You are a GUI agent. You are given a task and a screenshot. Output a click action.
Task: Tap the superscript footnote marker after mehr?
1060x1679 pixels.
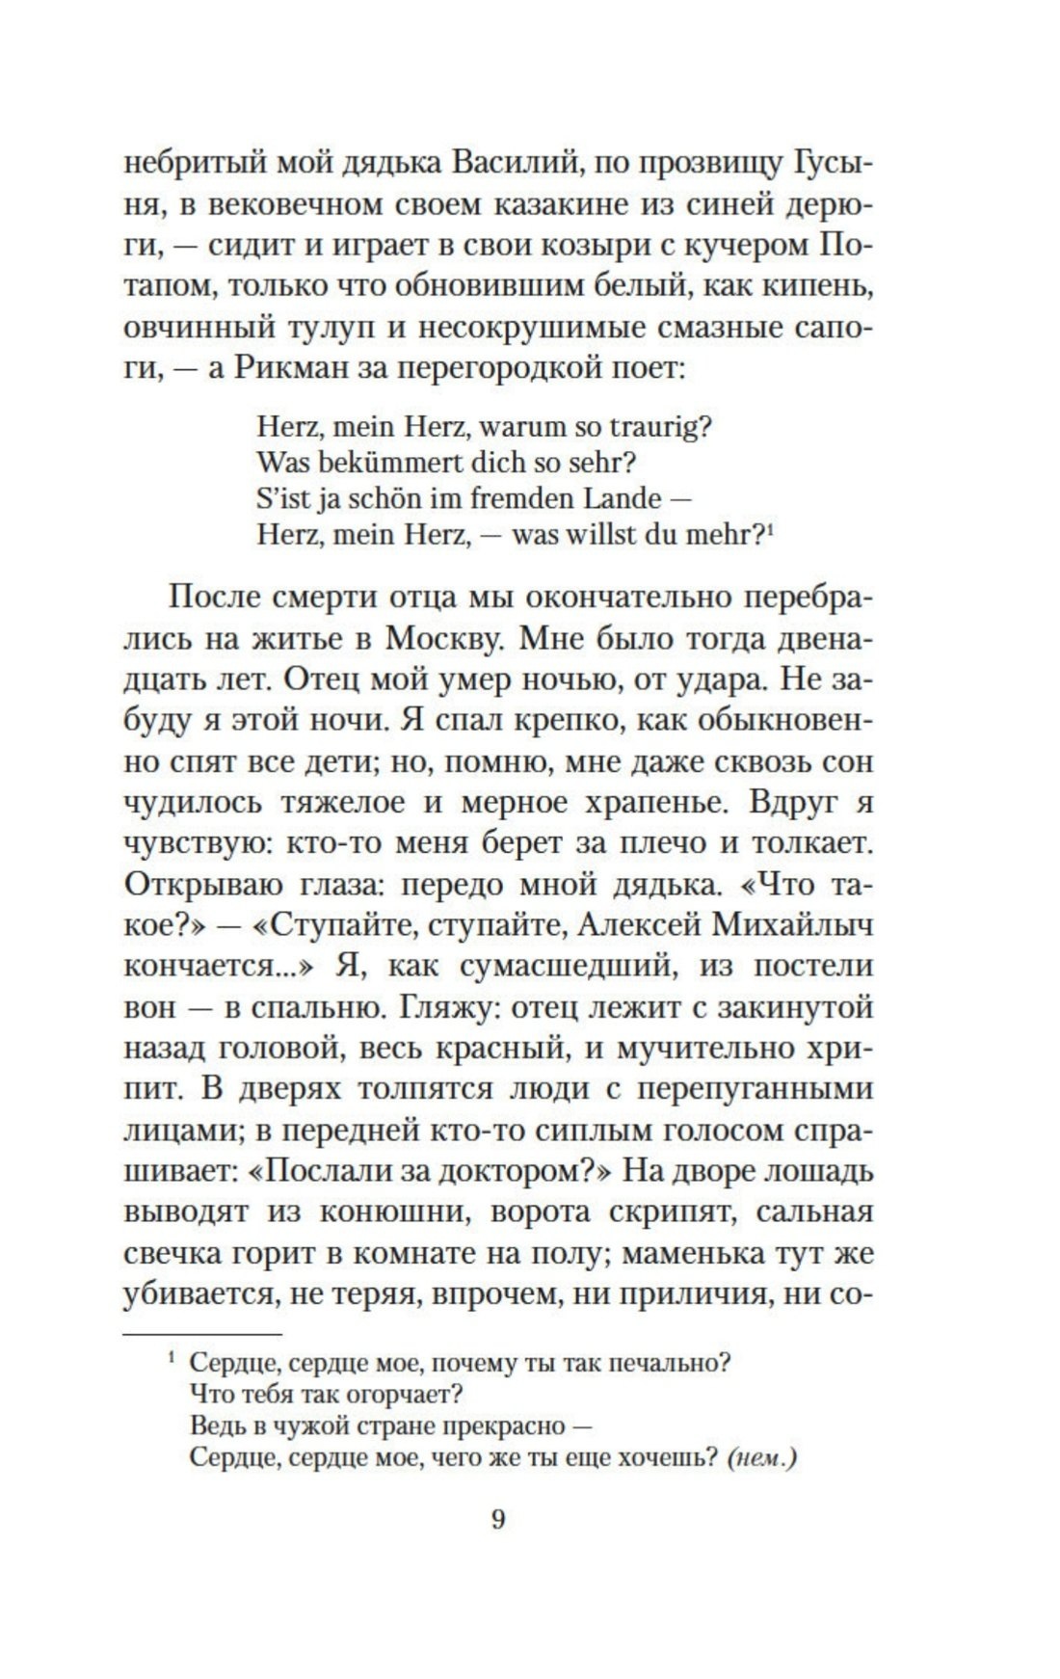click(x=773, y=527)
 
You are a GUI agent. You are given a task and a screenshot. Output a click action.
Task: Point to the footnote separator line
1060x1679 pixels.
click(x=202, y=1335)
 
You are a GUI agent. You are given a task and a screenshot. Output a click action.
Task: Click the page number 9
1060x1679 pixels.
click(x=498, y=1520)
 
